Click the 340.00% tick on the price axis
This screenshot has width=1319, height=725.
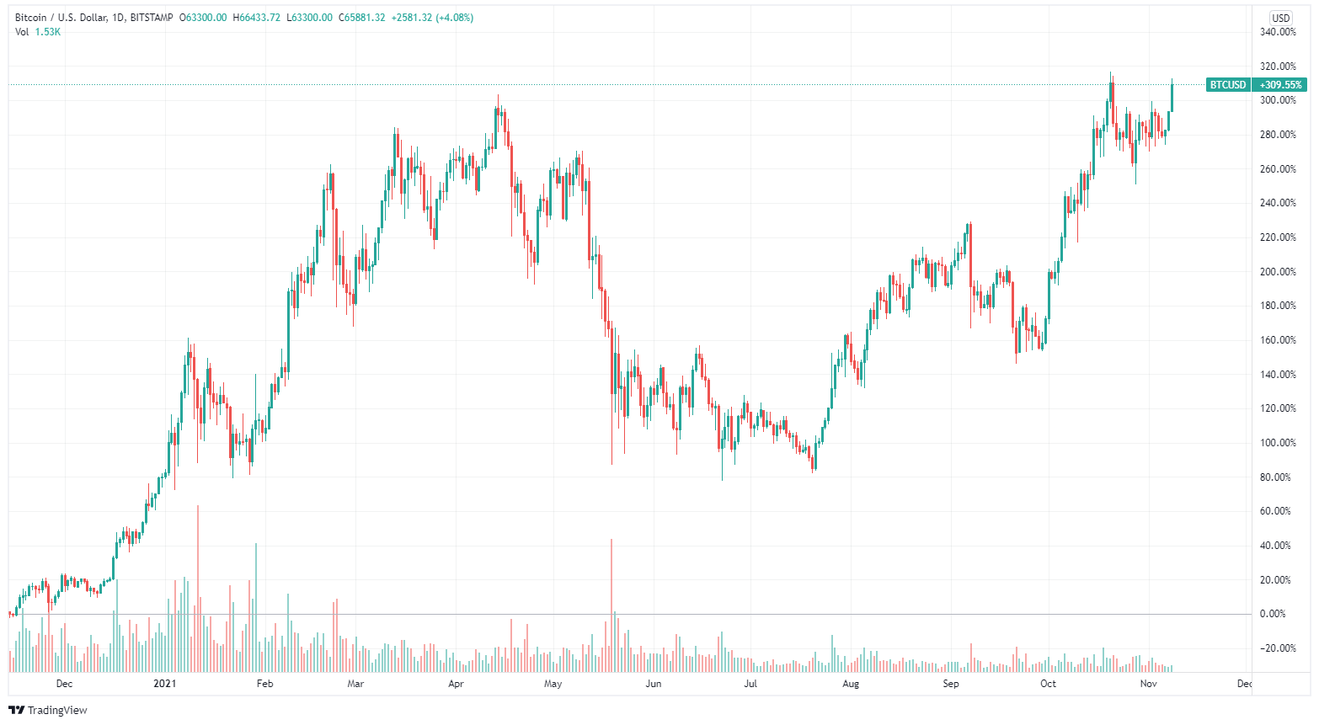pyautogui.click(x=1278, y=32)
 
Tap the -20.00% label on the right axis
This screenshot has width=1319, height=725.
pyautogui.click(x=1278, y=648)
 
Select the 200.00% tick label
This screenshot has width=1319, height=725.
pyautogui.click(x=1278, y=272)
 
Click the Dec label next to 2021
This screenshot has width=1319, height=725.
pyautogui.click(x=64, y=684)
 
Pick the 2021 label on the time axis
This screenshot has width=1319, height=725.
pyautogui.click(x=164, y=684)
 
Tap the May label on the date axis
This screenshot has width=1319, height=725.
pyautogui.click(x=553, y=684)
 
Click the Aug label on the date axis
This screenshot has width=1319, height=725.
pyautogui.click(x=851, y=684)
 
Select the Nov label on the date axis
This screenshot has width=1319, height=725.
pyautogui.click(x=1148, y=684)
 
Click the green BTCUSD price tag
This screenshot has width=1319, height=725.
pyautogui.click(x=1228, y=85)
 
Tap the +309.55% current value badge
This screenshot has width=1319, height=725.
pyautogui.click(x=1280, y=85)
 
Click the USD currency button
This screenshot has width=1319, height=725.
pyautogui.click(x=1281, y=18)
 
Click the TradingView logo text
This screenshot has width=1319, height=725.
pyautogui.click(x=56, y=710)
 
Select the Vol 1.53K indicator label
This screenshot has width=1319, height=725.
pyautogui.click(x=38, y=32)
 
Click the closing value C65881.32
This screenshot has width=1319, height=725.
pyautogui.click(x=362, y=18)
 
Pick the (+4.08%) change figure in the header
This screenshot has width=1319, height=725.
pyautogui.click(x=454, y=18)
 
